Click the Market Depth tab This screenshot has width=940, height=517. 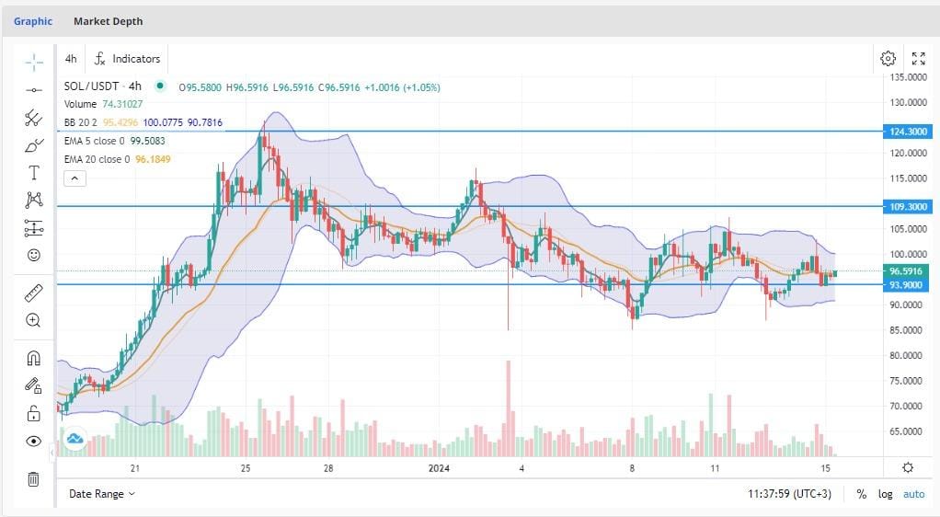tap(108, 21)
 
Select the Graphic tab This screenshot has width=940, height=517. tap(33, 21)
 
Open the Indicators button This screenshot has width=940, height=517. tap(128, 59)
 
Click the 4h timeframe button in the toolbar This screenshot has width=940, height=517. tap(71, 59)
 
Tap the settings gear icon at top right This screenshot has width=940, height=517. tap(888, 59)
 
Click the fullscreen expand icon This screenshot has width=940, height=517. tap(918, 59)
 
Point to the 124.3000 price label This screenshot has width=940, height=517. tap(906, 132)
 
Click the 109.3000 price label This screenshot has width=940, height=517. tap(906, 207)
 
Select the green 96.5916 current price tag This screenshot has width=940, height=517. tap(906, 271)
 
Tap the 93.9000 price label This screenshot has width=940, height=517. tap(906, 285)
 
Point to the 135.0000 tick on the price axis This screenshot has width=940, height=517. tap(906, 77)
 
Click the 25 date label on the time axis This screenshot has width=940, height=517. tap(246, 468)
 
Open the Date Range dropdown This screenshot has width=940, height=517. tap(102, 494)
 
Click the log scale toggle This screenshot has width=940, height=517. tap(885, 494)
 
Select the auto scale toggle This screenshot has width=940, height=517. tap(913, 494)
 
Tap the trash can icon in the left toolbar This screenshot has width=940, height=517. tap(33, 478)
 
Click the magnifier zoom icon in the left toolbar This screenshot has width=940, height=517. tap(33, 320)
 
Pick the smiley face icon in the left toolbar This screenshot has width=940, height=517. tap(34, 255)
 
